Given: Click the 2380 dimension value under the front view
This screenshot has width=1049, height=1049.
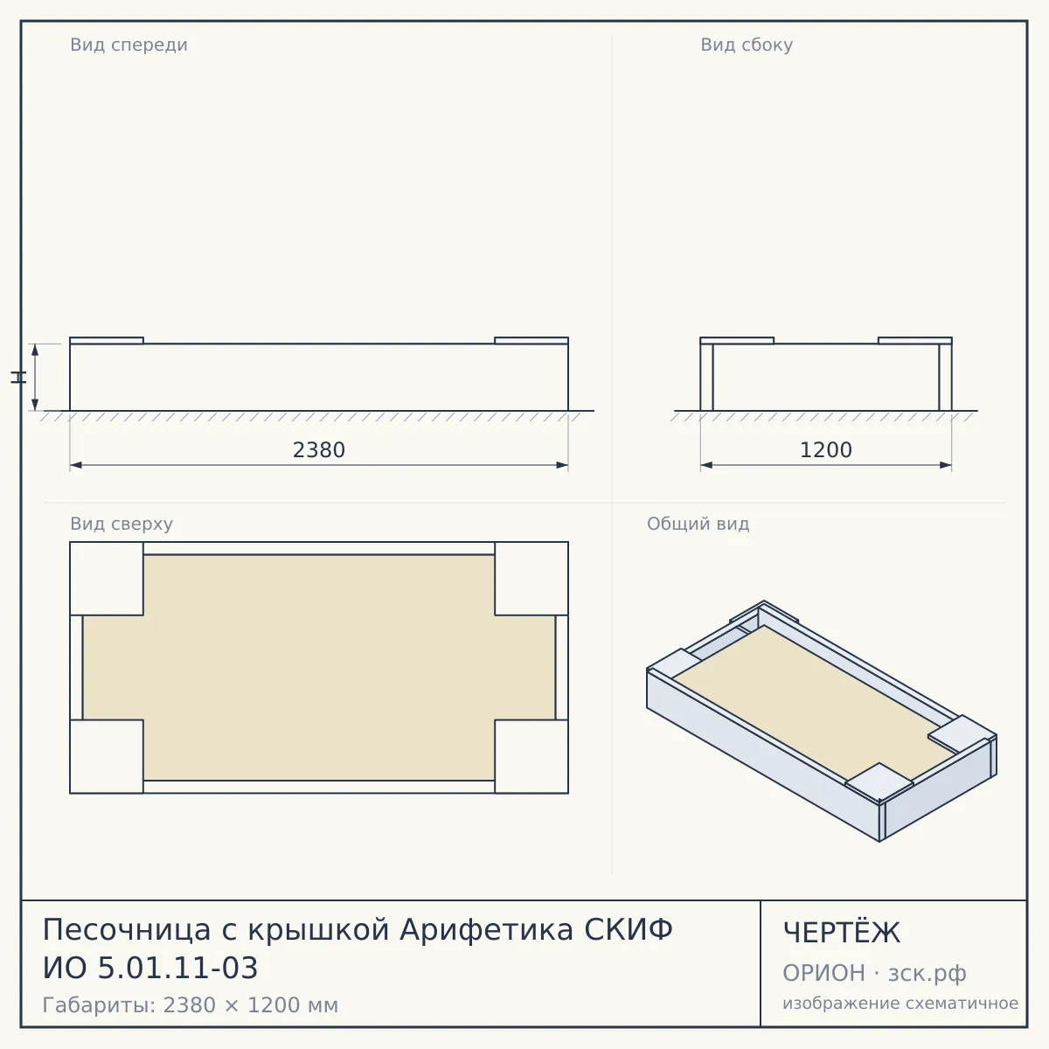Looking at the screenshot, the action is point(319,450).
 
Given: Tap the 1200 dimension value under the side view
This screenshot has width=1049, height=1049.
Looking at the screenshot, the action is point(826,450).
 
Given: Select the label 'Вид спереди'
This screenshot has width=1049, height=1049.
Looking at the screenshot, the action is point(129,45).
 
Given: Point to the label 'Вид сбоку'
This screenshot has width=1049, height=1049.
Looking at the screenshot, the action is point(747,45).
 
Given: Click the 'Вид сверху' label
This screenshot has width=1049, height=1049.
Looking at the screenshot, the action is point(122,524).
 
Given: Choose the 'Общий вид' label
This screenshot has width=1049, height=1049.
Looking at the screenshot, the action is point(698,524).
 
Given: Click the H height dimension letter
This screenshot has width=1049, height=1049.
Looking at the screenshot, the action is point(18,377).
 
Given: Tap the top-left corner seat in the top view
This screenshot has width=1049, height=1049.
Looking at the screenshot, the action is point(107,579).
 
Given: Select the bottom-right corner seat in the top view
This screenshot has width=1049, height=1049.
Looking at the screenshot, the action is point(531,757).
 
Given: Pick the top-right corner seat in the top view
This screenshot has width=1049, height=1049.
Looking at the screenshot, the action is point(531,579).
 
